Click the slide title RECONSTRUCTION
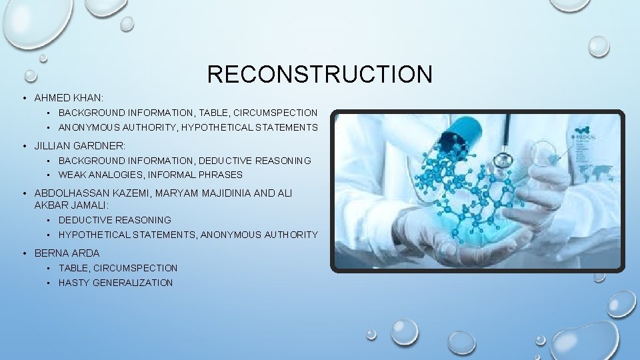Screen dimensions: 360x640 coord(319,74)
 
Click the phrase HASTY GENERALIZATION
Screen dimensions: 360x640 coord(115,283)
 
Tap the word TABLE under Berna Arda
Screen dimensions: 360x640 coord(73,268)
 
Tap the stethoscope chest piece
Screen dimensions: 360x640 coord(501,159)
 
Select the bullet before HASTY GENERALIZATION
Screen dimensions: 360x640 coord(50,283)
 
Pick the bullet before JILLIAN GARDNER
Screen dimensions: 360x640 coord(25,145)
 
